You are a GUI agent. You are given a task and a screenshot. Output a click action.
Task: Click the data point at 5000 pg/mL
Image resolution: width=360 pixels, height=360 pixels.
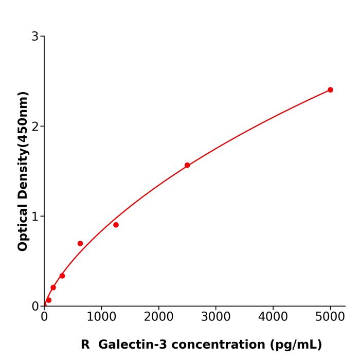(330, 90)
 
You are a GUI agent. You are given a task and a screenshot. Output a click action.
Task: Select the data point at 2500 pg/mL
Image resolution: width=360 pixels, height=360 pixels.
(187, 165)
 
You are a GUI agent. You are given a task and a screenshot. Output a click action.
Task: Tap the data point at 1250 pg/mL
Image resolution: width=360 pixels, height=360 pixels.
(116, 225)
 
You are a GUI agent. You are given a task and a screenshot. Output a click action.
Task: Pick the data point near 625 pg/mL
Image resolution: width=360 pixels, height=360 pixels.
(80, 243)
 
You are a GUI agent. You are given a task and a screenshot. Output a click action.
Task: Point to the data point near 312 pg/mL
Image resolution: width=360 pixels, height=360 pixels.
(62, 276)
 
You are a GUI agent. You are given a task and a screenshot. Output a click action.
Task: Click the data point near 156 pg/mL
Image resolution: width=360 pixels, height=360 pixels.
(53, 287)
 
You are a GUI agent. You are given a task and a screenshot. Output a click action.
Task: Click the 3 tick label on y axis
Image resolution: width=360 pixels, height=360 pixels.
(35, 37)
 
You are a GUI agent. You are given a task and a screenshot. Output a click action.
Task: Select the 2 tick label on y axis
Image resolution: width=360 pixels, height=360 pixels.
(35, 127)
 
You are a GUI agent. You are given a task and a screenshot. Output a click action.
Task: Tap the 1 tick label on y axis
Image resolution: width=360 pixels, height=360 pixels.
(35, 217)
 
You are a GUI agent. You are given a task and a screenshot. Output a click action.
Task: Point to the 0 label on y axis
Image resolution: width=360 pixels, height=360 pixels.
(35, 307)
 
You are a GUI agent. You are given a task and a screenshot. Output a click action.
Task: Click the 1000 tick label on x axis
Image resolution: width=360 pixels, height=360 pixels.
(101, 317)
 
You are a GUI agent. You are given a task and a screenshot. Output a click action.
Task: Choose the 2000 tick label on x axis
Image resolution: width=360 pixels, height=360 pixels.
(158, 317)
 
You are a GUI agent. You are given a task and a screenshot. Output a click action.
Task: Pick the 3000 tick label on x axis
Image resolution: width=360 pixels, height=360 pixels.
(215, 317)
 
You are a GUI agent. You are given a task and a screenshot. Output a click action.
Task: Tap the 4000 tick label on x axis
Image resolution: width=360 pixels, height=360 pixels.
(273, 317)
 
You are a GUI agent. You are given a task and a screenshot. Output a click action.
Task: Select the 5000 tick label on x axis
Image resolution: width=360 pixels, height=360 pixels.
(330, 317)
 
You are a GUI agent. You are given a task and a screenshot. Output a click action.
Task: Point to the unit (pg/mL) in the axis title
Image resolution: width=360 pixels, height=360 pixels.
(296, 345)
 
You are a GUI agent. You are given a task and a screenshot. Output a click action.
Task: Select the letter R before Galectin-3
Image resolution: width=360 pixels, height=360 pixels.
(85, 345)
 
